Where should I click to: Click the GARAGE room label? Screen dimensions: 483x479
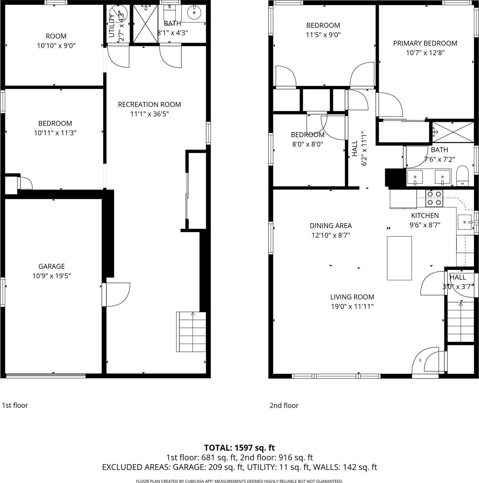(52, 266)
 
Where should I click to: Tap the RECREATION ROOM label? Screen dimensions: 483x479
(149, 104)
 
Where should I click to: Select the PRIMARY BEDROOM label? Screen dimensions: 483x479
(425, 43)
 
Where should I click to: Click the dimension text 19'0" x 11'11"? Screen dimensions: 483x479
(352, 306)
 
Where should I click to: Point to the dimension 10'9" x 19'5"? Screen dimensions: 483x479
(52, 276)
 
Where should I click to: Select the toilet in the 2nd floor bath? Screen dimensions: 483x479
(462, 177)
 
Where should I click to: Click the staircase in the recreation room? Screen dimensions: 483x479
(191, 331)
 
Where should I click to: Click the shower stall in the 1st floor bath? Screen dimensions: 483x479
(145, 24)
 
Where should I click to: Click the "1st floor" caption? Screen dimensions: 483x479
(15, 405)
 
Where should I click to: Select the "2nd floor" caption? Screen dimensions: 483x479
(284, 405)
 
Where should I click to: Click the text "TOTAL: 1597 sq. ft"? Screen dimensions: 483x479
(239, 448)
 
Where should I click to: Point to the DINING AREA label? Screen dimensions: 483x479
(330, 226)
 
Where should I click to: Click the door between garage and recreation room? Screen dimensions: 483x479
(116, 294)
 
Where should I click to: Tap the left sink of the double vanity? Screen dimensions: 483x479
(415, 178)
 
